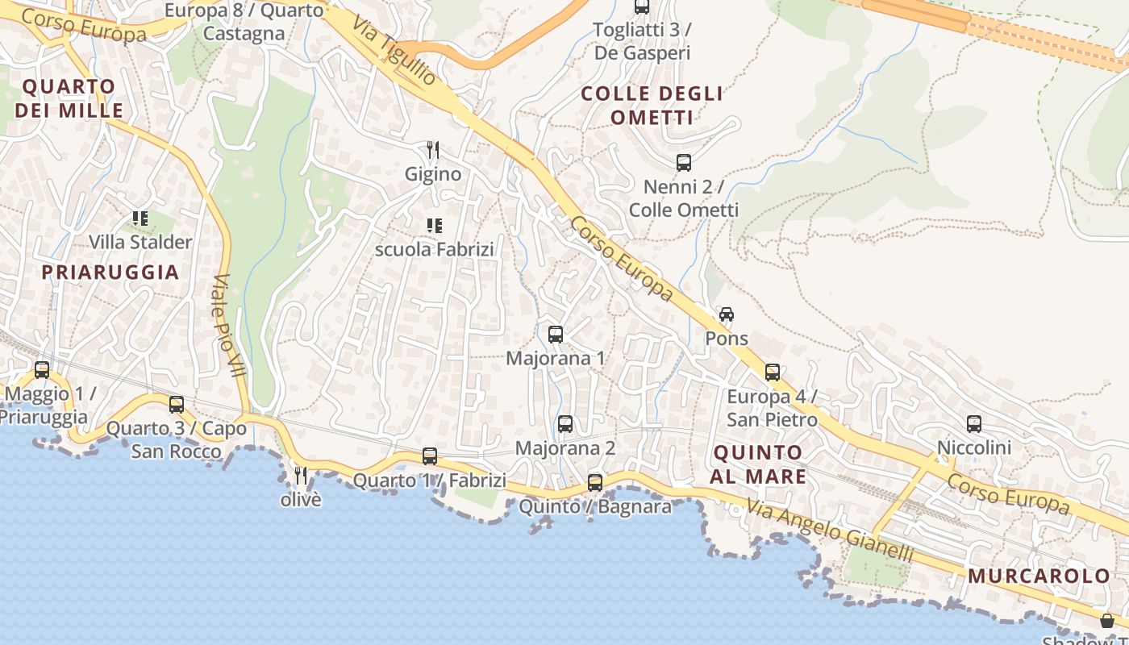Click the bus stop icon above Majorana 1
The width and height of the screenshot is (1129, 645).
(555, 335)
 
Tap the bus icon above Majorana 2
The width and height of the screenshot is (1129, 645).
(565, 424)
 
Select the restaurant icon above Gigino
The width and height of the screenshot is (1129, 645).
(433, 150)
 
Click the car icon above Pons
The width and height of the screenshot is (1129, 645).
(727, 314)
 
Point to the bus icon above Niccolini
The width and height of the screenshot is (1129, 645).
(974, 423)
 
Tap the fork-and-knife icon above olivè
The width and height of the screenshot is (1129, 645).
(301, 476)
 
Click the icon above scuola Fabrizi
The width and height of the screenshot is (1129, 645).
(434, 225)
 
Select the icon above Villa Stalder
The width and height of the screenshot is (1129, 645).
(140, 218)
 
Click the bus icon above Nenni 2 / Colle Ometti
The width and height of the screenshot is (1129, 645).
(684, 163)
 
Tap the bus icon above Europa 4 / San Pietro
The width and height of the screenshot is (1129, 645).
(773, 372)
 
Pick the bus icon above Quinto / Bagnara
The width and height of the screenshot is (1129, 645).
(595, 483)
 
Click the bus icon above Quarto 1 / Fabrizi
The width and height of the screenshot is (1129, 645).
(430, 456)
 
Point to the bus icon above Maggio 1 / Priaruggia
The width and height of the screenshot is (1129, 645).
(42, 370)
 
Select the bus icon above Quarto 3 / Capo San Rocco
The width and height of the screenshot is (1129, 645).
(177, 405)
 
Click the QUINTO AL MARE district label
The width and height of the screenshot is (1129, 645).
(758, 464)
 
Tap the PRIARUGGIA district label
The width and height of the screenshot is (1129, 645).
(110, 272)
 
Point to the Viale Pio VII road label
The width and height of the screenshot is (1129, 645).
(230, 327)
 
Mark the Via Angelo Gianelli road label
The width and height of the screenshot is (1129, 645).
(830, 531)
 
